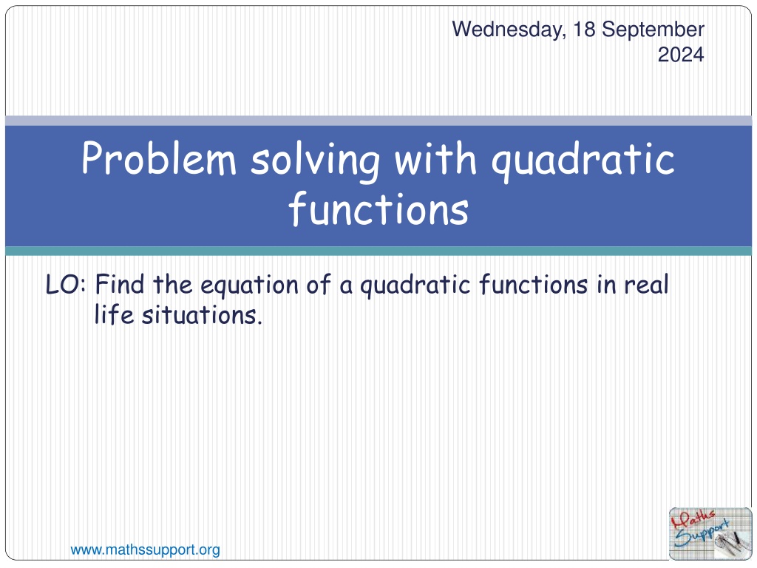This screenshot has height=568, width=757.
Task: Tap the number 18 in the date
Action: [584, 29]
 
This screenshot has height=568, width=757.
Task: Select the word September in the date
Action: [654, 30]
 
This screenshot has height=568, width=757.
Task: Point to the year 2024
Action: [681, 55]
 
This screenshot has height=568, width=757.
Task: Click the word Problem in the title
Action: [159, 158]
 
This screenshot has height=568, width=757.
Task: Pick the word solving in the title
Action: [315, 160]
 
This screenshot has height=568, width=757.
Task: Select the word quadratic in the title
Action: [583, 160]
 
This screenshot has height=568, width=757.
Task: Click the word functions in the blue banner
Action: [378, 209]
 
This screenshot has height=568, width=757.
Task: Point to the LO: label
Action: [66, 285]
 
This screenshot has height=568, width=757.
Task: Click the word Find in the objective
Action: [120, 284]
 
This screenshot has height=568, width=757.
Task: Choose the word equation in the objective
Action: [249, 285]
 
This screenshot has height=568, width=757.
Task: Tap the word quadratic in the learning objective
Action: [415, 285]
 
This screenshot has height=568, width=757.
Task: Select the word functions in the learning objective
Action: [534, 284]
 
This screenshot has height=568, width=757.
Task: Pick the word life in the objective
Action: [114, 314]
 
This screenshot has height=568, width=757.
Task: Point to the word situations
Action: [202, 315]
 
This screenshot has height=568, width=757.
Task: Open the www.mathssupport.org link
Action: [146, 550]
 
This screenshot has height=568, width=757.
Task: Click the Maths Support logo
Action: [710, 534]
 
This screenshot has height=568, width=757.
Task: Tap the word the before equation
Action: [172, 284]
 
